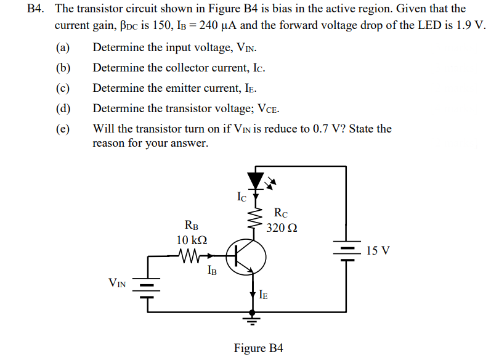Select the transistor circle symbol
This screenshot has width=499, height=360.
pyautogui.click(x=246, y=255)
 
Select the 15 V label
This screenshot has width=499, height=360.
pyautogui.click(x=378, y=251)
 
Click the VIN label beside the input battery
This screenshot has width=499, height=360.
pyautogui.click(x=117, y=283)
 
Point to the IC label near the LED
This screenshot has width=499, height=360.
pyautogui.click(x=242, y=197)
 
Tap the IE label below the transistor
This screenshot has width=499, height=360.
pyautogui.click(x=263, y=295)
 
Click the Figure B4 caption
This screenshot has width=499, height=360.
pyautogui.click(x=258, y=348)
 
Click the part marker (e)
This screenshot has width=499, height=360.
pyautogui.click(x=62, y=129)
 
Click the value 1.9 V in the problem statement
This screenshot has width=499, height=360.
pyautogui.click(x=470, y=27)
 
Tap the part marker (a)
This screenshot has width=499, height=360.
pyautogui.click(x=62, y=47)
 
